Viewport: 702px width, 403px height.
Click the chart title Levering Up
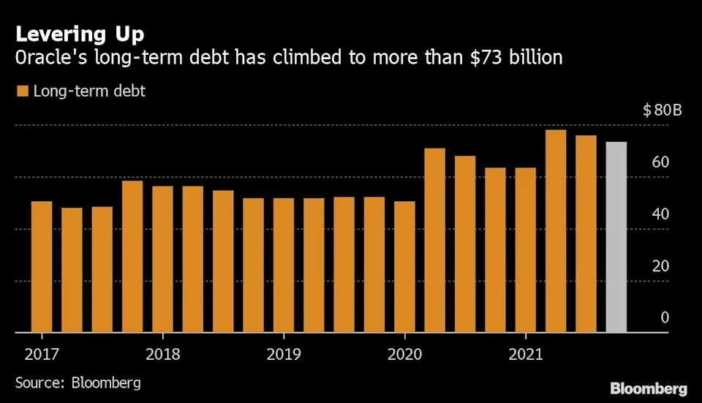tap(80, 34)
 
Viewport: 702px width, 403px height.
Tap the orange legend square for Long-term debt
tap(22, 91)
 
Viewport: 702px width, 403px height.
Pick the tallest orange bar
tap(556, 230)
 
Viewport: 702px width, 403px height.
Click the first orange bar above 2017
tap(42, 266)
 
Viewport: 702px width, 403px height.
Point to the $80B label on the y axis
tap(663, 111)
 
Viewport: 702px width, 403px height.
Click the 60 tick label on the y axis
tap(660, 162)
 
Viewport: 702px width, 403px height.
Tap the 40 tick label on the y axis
tap(660, 214)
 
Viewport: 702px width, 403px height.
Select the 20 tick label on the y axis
tap(660, 265)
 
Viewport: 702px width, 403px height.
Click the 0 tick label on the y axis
tap(665, 317)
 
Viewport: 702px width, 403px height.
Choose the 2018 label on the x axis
tap(162, 355)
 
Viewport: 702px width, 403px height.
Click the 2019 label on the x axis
tap(283, 355)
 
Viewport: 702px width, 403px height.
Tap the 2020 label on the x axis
tap(404, 355)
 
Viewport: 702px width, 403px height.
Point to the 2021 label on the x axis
tap(525, 355)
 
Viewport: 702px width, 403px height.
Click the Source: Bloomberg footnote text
tap(78, 383)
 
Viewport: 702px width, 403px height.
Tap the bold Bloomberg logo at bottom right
tap(649, 388)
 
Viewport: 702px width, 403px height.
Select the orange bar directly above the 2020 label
tap(404, 266)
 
